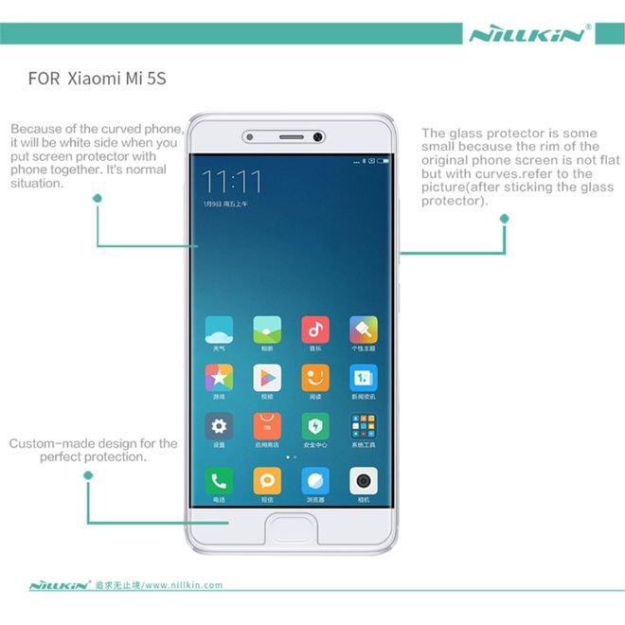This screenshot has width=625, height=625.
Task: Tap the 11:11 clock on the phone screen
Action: click(x=233, y=180)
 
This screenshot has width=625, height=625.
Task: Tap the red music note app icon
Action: click(x=315, y=330)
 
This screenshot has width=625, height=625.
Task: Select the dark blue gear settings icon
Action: click(x=219, y=425)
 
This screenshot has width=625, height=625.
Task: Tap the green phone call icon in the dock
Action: click(x=219, y=480)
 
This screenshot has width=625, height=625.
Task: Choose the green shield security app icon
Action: click(x=315, y=425)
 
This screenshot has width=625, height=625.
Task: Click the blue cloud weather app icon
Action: click(x=219, y=330)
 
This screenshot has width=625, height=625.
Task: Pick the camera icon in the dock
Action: click(x=364, y=480)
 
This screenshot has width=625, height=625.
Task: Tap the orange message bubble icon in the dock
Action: click(x=267, y=480)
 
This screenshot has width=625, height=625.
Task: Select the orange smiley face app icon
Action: click(x=315, y=378)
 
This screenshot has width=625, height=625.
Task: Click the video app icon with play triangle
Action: click(x=267, y=378)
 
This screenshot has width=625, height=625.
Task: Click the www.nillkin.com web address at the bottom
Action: click(x=184, y=585)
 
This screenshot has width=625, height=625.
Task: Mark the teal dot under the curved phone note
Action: click(x=98, y=197)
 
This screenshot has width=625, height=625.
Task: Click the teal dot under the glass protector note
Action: click(x=504, y=219)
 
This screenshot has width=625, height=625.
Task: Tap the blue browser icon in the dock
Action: click(x=315, y=480)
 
